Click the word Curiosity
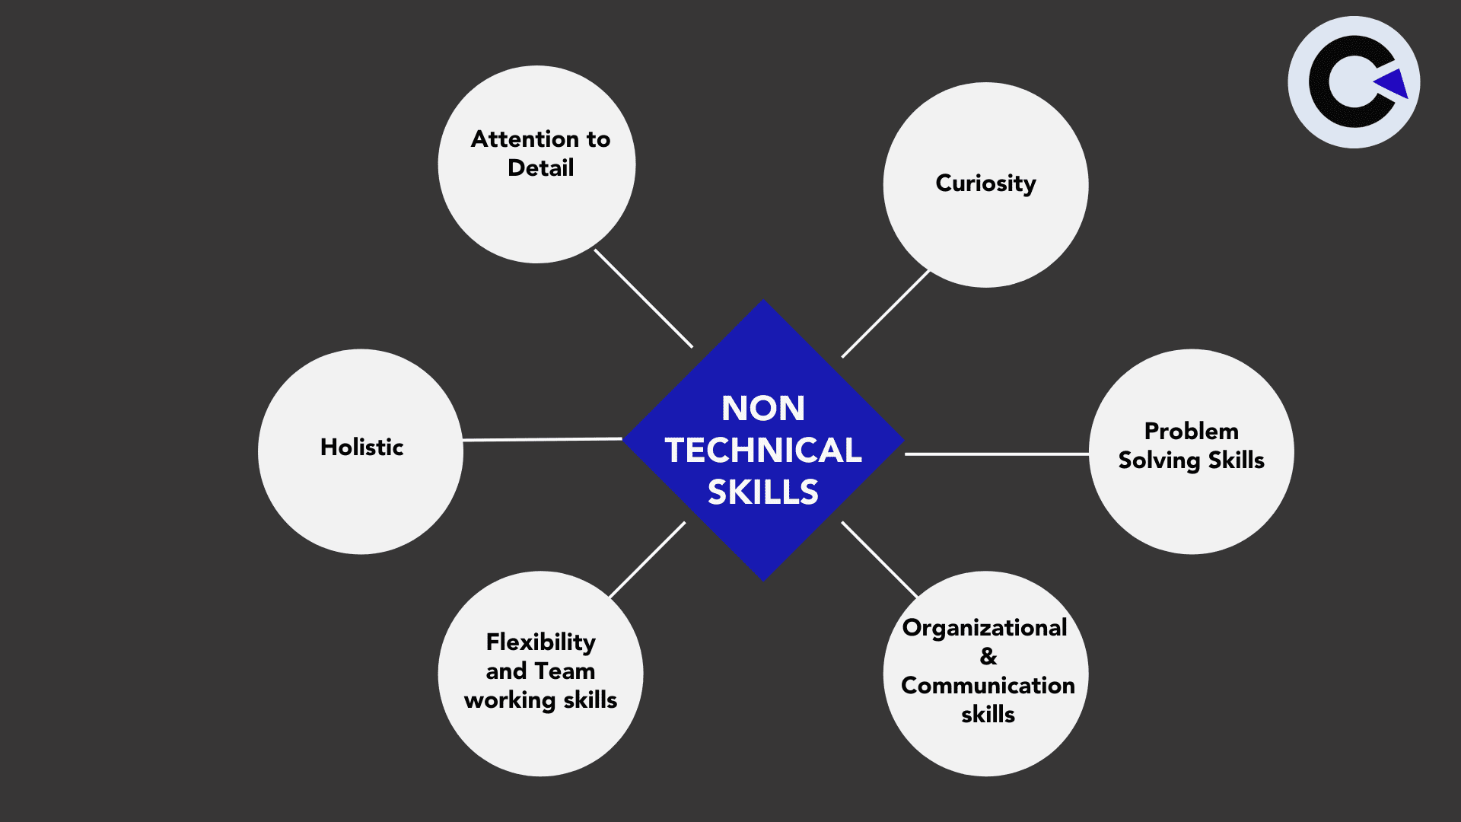pyautogui.click(x=985, y=183)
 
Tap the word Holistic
pyautogui.click(x=361, y=447)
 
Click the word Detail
pyautogui.click(x=540, y=168)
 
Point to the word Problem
pyautogui.click(x=1191, y=432)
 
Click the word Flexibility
pyautogui.click(x=540, y=642)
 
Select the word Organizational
pyautogui.click(x=985, y=628)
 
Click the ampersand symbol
pyautogui.click(x=988, y=656)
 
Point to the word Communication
pyautogui.click(x=988, y=686)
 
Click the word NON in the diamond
pyautogui.click(x=763, y=409)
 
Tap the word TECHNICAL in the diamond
pyautogui.click(x=763, y=451)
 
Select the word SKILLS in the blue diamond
pyautogui.click(x=763, y=492)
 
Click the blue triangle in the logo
pyautogui.click(x=1394, y=84)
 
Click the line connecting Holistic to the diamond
pyautogui.click(x=543, y=440)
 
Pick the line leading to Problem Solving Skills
pyautogui.click(x=997, y=454)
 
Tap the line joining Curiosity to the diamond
pyautogui.click(x=886, y=314)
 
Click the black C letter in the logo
pyautogui.click(x=1328, y=82)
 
